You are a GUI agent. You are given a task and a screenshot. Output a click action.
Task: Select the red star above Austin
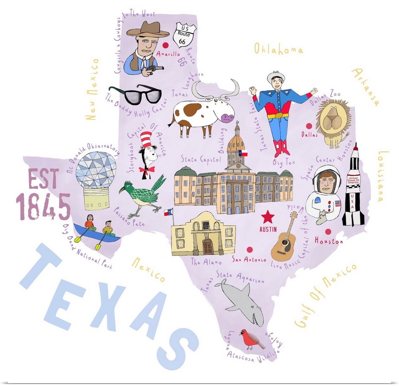pyautogui.click(x=268, y=218)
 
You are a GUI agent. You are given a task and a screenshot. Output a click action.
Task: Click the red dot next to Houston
pyautogui.click(x=328, y=232)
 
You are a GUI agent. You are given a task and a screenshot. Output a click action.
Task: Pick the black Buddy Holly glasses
pyautogui.click(x=135, y=94)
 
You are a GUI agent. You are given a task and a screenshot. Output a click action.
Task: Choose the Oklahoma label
pyautogui.click(x=279, y=49)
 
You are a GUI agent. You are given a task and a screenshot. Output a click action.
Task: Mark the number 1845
pyautogui.click(x=43, y=207)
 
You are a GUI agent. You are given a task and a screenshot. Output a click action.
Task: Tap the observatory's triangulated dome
pyautogui.click(x=96, y=170)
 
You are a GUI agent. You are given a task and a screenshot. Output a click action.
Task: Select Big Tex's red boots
pyautogui.click(x=282, y=148)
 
